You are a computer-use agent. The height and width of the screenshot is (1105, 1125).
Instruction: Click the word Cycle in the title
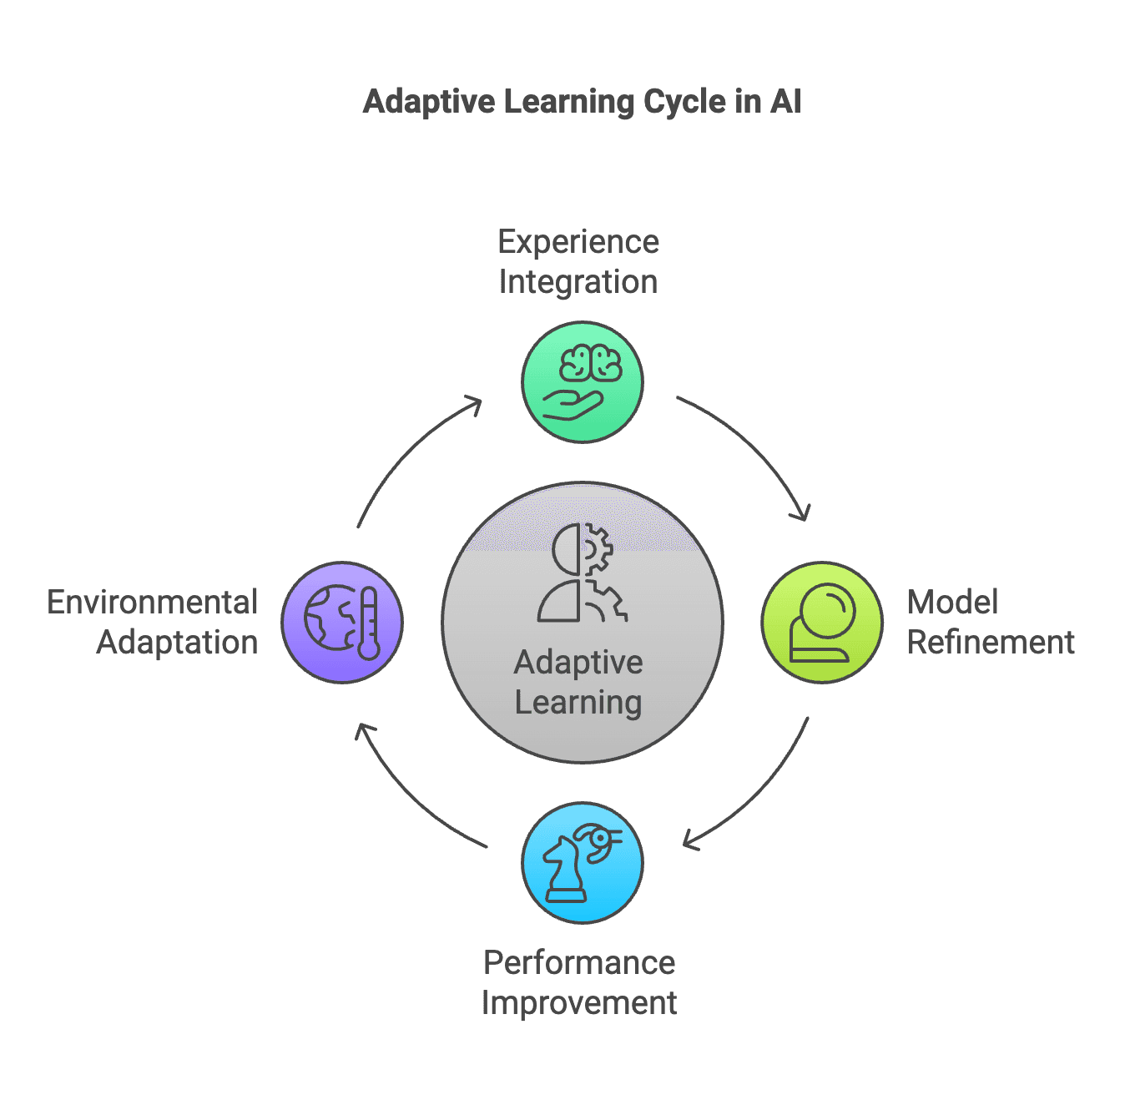point(684,102)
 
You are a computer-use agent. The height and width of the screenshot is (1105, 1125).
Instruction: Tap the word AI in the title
point(785,102)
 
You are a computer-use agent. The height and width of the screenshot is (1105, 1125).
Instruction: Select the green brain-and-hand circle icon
point(582,382)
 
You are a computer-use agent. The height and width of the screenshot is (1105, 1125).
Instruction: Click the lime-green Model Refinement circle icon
point(822,623)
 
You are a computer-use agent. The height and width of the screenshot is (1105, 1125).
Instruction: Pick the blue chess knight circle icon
point(582,863)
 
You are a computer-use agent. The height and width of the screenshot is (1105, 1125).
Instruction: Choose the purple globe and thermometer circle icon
point(342,623)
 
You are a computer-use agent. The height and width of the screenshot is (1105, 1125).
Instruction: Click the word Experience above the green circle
point(578,242)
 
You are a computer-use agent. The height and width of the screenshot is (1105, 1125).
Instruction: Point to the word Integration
point(578,282)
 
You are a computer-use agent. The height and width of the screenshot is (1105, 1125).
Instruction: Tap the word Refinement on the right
point(991,643)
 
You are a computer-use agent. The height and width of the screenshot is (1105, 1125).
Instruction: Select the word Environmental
point(153,603)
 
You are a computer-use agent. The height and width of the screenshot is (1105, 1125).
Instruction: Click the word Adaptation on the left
point(177,643)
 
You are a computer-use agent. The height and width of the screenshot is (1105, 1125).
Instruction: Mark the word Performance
point(579,963)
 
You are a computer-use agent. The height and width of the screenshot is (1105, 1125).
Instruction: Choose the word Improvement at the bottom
point(579,1003)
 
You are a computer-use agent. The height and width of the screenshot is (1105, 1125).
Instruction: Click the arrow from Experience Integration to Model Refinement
point(755,447)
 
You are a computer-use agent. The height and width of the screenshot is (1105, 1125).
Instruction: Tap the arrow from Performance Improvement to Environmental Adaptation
point(409,797)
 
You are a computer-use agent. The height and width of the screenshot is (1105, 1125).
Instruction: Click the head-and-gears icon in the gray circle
point(582,573)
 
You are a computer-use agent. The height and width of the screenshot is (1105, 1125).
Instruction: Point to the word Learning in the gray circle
point(578,703)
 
